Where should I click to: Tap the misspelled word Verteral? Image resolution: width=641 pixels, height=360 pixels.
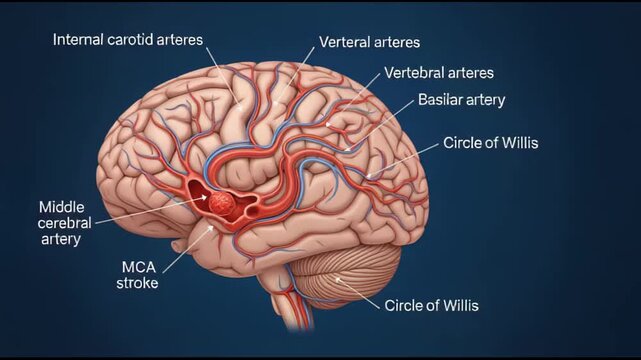343,43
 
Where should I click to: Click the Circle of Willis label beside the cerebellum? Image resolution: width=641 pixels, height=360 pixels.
431,305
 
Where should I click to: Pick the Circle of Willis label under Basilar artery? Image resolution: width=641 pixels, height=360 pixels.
490,143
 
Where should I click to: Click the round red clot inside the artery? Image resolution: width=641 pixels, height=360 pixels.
223,203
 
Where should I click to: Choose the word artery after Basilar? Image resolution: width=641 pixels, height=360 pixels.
485,100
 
